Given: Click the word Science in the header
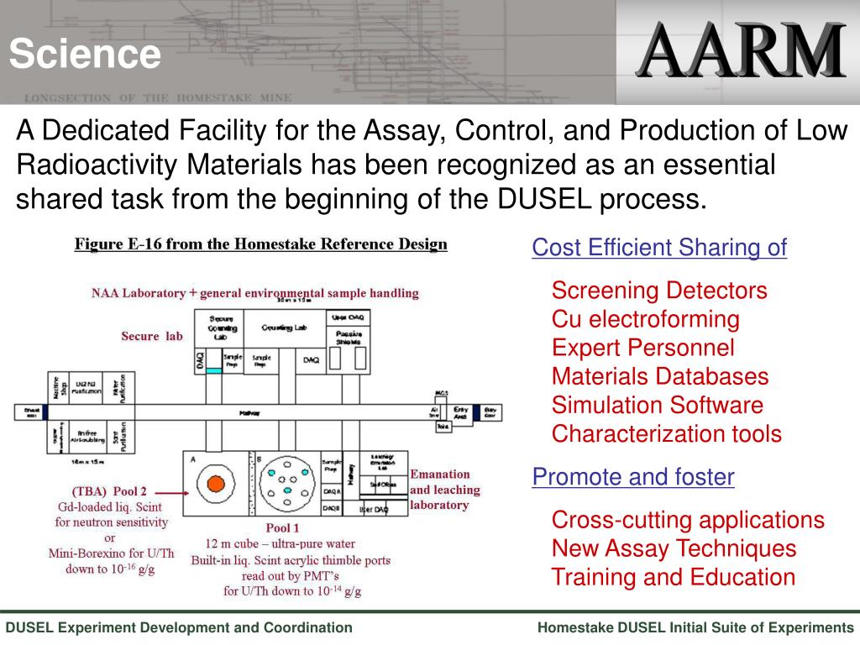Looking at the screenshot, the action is point(85,55).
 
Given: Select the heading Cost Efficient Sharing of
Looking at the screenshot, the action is point(659,248).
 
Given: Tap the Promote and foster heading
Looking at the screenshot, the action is point(633,478).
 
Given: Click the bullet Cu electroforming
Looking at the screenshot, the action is point(645,319).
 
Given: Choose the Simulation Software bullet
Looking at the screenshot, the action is point(657,406).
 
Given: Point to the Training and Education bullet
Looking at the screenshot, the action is point(673,578).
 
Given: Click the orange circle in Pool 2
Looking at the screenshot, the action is point(216,484).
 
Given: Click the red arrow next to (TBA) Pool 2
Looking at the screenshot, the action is point(170,493).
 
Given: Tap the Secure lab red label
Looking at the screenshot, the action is point(151,337).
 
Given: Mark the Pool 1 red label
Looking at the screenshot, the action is point(282,528).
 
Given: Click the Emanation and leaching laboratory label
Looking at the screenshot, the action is point(444,490).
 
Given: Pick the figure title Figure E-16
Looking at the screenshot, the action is point(261,244).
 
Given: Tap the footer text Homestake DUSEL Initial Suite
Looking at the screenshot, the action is point(695,627).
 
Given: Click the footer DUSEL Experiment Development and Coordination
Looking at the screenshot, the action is point(180,627).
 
